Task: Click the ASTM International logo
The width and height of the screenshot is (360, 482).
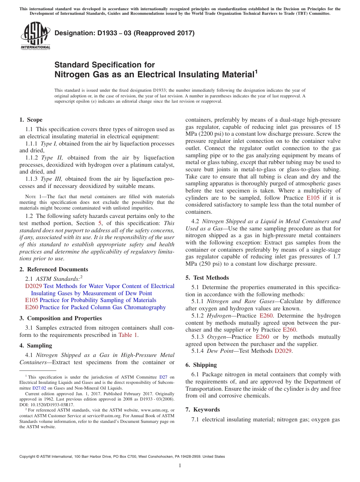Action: pyautogui.click(x=35, y=37)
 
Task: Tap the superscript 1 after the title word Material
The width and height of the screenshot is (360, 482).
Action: pyautogui.click(x=256, y=71)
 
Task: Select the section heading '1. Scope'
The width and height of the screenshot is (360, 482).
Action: pyautogui.click(x=31, y=120)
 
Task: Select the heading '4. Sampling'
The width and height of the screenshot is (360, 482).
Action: pyautogui.click(x=36, y=346)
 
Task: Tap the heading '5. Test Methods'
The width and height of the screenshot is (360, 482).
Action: pyautogui.click(x=207, y=278)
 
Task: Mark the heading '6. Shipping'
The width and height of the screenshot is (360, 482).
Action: pyautogui.click(x=201, y=365)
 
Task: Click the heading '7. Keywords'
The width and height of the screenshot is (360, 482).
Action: pyautogui.click(x=203, y=410)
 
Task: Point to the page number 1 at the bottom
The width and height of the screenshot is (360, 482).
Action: pyautogui.click(x=180, y=466)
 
